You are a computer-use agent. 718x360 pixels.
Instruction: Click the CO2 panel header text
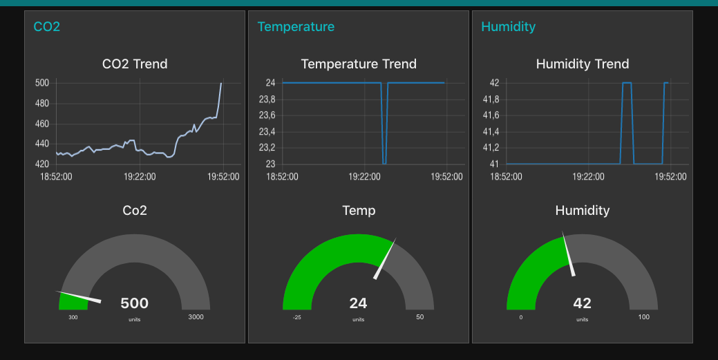tap(47, 27)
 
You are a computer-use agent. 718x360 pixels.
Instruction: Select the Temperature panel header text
tap(296, 27)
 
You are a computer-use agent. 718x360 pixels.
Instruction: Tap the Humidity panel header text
tap(508, 27)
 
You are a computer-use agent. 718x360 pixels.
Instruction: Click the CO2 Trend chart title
tap(135, 64)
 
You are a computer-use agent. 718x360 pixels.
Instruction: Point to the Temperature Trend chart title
tap(359, 64)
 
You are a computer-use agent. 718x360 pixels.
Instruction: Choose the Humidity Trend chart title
tap(583, 64)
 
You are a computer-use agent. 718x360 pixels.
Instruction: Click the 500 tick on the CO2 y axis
tap(42, 83)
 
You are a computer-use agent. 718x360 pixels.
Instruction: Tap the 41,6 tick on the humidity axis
tap(491, 115)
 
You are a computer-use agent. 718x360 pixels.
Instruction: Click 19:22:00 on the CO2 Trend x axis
tap(140, 177)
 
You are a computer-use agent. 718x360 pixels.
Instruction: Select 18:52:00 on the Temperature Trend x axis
tap(283, 177)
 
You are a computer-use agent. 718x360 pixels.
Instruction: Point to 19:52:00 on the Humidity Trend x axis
tap(670, 177)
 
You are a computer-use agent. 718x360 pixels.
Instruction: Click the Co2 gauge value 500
tap(135, 303)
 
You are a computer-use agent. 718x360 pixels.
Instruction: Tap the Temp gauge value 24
tap(359, 303)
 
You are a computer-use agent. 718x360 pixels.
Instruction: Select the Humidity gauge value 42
tap(583, 303)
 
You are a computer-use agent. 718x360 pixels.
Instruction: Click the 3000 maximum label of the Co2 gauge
tap(196, 317)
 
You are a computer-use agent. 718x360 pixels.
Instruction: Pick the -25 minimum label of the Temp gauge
tap(297, 317)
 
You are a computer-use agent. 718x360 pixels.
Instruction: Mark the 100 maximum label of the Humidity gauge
tap(644, 317)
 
